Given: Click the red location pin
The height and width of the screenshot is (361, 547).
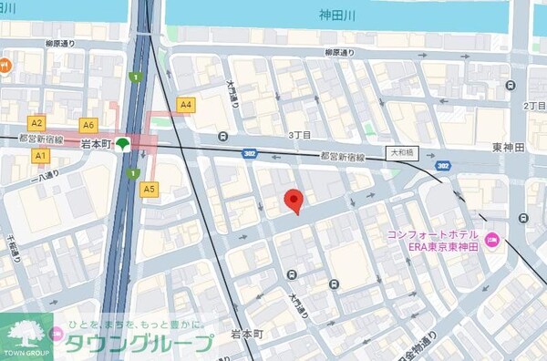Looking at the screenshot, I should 293,200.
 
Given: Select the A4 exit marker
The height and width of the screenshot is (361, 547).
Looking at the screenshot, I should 187,105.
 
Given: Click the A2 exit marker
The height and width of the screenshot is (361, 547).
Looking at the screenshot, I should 37,122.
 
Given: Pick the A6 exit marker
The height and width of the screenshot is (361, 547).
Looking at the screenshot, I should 88,125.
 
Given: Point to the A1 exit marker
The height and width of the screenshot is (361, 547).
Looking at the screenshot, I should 40,156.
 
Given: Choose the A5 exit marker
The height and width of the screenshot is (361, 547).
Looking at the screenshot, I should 150,189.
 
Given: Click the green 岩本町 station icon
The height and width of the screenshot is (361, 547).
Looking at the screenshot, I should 122,144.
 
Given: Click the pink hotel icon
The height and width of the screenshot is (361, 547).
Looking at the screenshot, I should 492,241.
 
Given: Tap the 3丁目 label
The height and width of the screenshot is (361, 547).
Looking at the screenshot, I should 300,135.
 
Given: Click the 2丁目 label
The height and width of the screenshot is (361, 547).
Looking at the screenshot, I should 534,107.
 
